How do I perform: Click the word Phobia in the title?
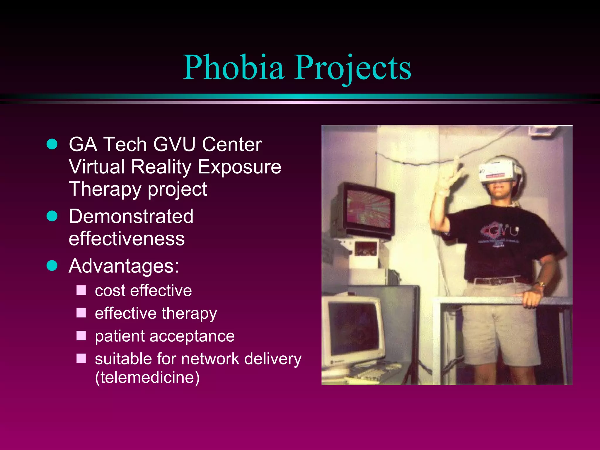click(x=233, y=68)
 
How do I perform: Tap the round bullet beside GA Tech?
click(x=52, y=144)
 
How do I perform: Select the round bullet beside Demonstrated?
click(x=52, y=216)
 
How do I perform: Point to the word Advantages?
click(x=124, y=266)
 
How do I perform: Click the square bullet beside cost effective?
click(x=81, y=290)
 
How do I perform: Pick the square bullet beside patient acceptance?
click(x=81, y=336)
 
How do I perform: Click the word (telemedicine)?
click(x=147, y=377)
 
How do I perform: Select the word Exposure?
click(x=239, y=167)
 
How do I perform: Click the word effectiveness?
click(x=127, y=238)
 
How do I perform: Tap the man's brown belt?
click(x=498, y=281)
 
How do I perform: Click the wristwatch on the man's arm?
click(x=541, y=284)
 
